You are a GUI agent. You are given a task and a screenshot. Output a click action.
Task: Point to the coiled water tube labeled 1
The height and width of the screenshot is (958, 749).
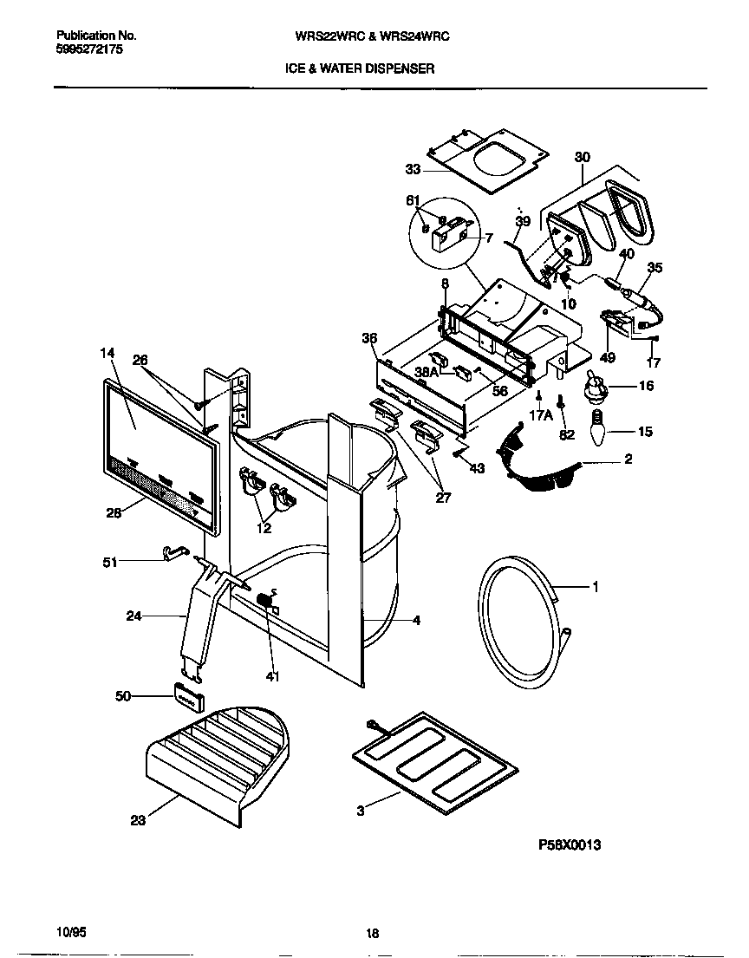[519, 623]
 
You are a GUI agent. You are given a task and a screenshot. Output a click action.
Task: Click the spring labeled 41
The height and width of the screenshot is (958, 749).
[268, 600]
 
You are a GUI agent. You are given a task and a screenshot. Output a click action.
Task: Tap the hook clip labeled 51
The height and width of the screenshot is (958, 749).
[171, 552]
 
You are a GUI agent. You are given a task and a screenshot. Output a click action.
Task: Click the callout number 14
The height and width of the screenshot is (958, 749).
[107, 353]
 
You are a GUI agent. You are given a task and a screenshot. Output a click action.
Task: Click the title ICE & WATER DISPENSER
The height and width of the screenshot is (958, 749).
[360, 67]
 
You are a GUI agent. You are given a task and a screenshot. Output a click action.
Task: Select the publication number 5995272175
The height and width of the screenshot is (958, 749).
[89, 51]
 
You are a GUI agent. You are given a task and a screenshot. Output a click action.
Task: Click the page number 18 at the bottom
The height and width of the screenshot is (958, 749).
[373, 934]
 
